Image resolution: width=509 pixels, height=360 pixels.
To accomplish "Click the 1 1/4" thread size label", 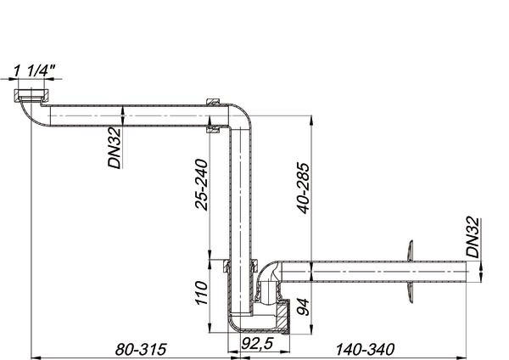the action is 35,70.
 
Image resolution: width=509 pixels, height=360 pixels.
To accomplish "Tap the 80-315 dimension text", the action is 141,350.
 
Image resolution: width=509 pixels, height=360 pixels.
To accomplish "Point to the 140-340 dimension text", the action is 365,350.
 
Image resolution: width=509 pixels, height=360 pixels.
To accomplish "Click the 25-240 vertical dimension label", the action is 201,184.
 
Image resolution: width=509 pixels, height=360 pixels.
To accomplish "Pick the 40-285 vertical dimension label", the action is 304,188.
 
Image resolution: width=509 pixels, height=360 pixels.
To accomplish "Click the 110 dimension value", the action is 201,293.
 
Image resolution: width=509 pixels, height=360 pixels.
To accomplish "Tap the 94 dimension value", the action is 304,307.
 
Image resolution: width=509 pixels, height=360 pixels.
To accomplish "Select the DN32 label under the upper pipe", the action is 115,148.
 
